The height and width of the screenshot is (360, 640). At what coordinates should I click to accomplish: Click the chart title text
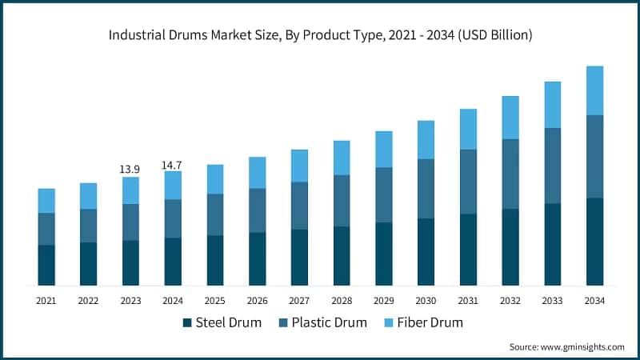point(320,35)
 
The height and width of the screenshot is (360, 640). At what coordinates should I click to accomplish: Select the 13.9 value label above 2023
point(130,169)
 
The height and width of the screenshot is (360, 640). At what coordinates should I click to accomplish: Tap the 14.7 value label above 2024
point(173,165)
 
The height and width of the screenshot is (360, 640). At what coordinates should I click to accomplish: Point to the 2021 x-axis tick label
point(46,300)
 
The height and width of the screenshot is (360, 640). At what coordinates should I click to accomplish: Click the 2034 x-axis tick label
point(594,300)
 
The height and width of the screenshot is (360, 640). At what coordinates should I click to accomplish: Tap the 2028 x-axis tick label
point(342,300)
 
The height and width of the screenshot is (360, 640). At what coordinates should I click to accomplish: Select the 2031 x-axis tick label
point(468,300)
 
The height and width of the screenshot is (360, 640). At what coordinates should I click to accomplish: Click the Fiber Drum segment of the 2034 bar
point(594,90)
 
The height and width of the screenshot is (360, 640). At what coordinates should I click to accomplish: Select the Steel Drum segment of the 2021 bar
point(46,265)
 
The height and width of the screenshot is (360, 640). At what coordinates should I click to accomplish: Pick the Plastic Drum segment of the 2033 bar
point(553,166)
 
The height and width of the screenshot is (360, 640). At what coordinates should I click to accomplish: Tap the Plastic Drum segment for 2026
point(258,210)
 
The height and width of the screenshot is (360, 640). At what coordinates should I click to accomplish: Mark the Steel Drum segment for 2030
point(426,251)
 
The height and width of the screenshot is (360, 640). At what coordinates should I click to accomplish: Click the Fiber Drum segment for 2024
point(173,185)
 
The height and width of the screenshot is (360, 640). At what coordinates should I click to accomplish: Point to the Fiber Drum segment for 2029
point(384,149)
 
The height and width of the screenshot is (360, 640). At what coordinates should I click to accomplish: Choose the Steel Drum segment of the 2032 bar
point(510,246)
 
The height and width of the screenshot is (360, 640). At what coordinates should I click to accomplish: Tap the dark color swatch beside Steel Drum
point(188,322)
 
